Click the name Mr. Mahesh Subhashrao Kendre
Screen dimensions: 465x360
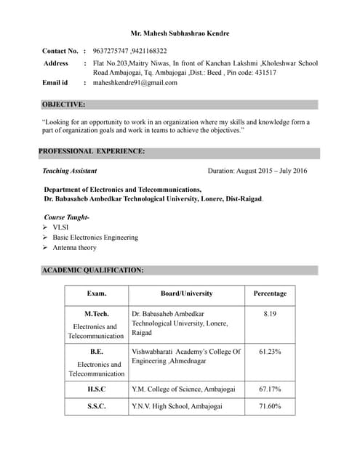point(180,33)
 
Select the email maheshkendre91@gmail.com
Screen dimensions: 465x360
point(135,83)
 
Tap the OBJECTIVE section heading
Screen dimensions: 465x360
point(63,105)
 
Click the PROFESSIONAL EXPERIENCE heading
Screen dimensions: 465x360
point(92,151)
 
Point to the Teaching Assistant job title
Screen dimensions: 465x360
point(70,171)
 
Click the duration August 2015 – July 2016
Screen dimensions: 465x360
point(257,171)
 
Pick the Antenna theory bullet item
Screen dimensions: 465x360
point(74,248)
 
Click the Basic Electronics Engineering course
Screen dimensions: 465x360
point(95,238)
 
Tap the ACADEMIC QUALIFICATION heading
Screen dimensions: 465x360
point(92,270)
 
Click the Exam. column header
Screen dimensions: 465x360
point(97,294)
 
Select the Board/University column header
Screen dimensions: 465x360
point(187,294)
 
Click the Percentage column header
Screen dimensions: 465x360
point(270,294)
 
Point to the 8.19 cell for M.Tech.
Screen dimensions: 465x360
point(270,314)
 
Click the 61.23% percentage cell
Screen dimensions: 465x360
point(270,352)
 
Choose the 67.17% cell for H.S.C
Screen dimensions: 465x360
point(270,389)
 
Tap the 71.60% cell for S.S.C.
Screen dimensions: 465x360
point(270,406)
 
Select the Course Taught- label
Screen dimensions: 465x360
point(66,217)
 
